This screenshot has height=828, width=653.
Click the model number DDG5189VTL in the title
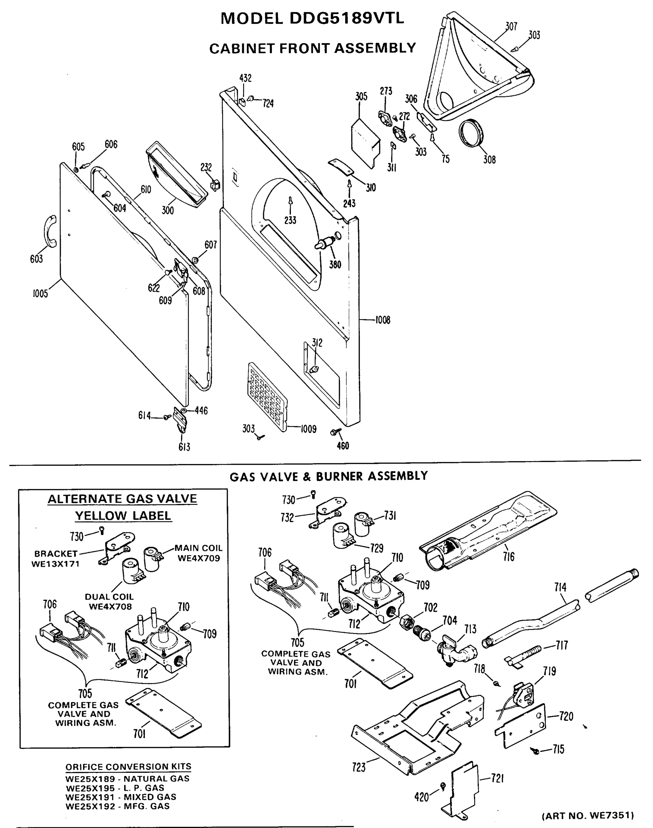point(346,18)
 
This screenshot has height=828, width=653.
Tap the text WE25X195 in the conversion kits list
point(90,788)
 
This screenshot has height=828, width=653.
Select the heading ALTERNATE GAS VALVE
point(122,499)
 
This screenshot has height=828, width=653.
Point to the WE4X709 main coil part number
point(199,558)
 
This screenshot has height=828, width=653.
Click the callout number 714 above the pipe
point(560,587)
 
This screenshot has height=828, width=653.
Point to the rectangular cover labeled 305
point(365,141)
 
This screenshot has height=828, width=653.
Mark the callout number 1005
point(40,294)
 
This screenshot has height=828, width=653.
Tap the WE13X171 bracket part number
point(56,564)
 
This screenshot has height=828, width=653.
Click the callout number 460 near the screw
point(343,446)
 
